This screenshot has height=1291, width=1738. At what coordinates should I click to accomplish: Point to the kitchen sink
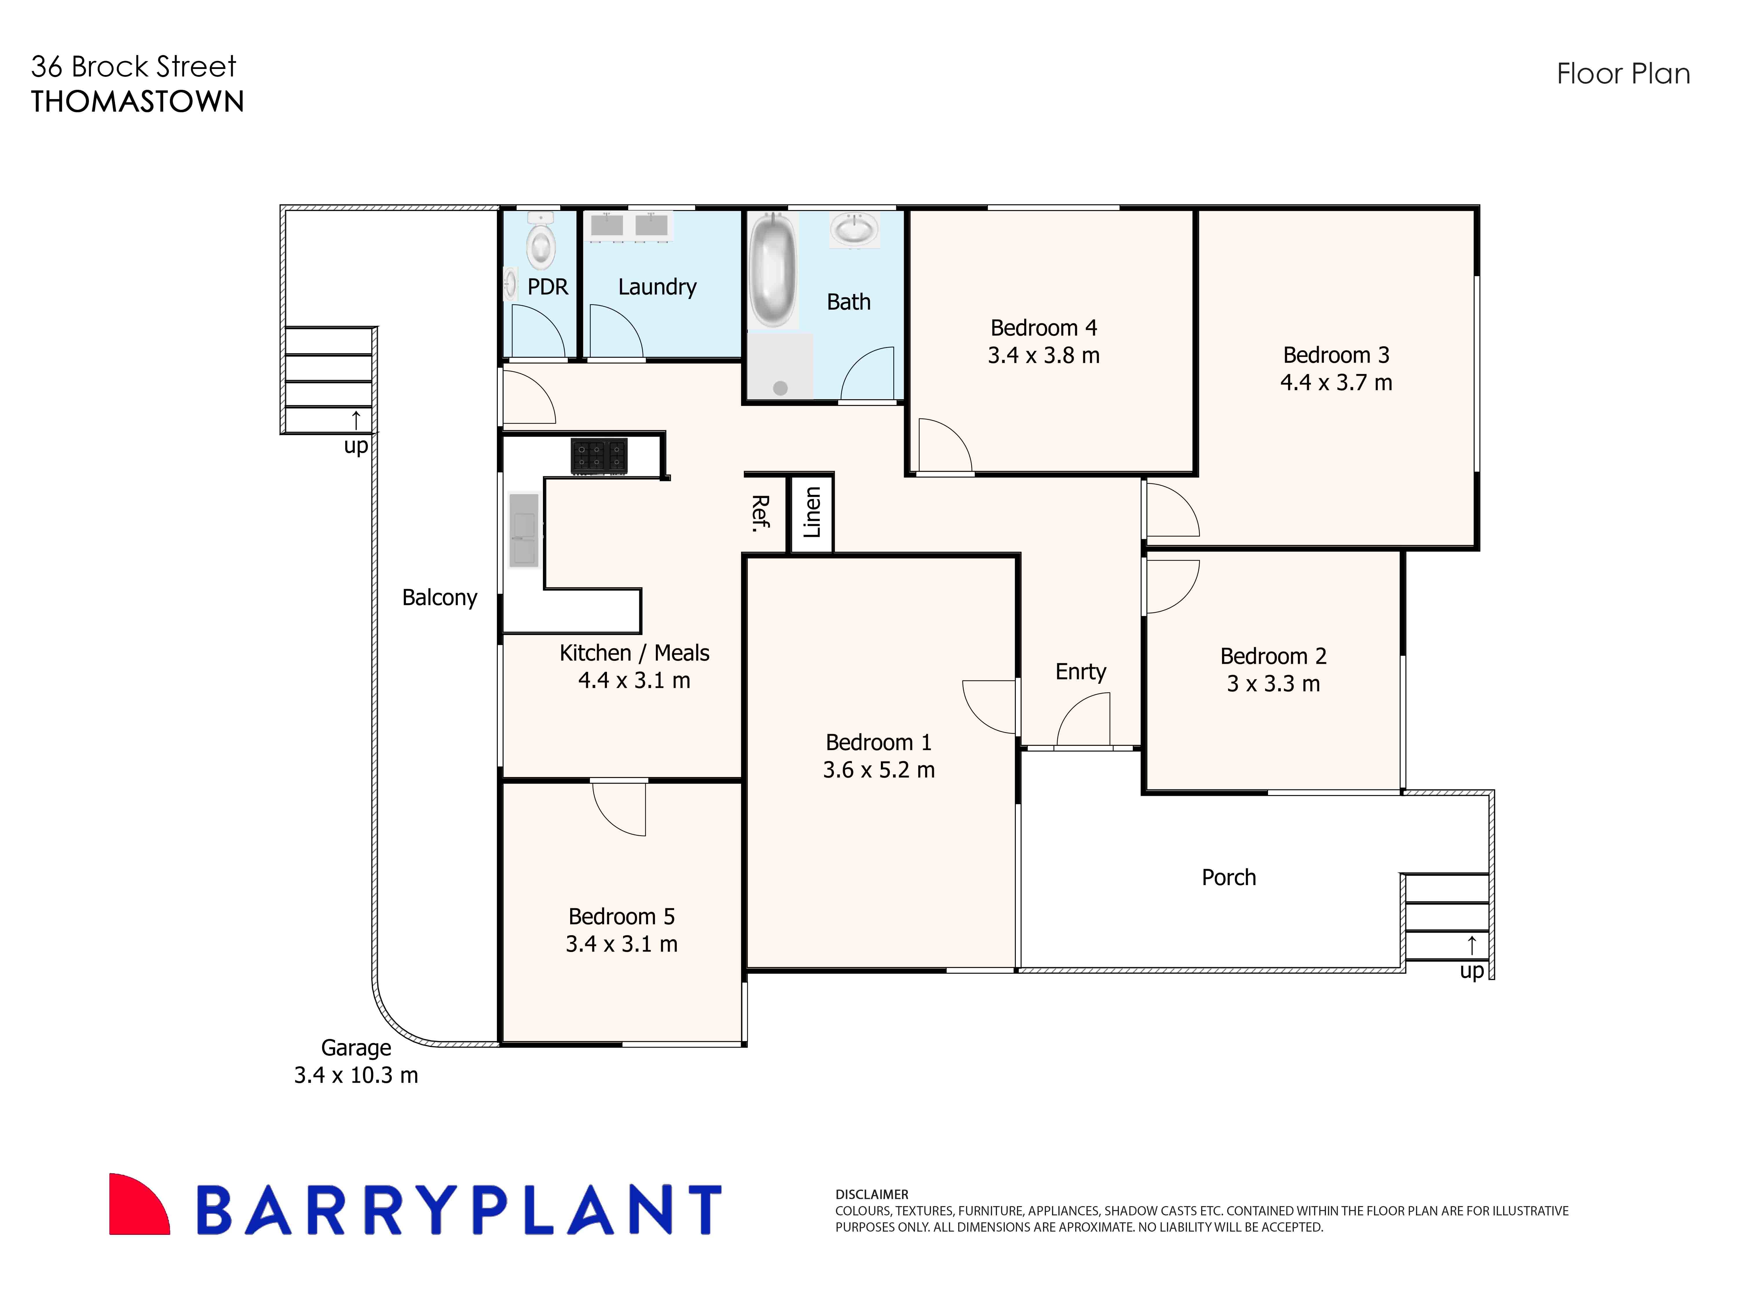[x=523, y=529]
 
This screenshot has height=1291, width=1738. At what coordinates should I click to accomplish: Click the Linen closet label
[x=812, y=513]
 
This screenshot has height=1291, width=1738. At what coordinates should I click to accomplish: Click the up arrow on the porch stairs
[x=1472, y=946]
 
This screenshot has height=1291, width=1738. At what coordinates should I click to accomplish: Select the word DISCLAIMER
[x=872, y=1195]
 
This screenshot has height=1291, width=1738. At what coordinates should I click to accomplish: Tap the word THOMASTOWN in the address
[x=138, y=102]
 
